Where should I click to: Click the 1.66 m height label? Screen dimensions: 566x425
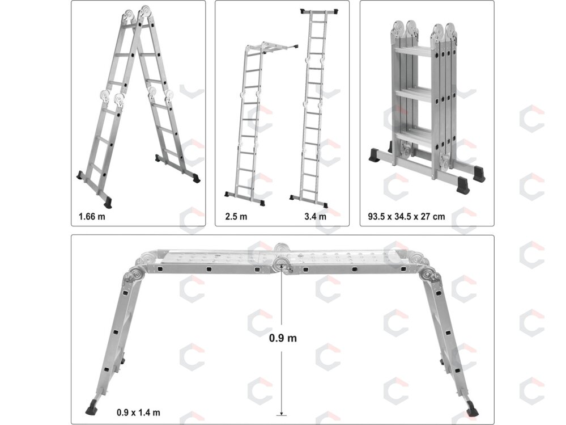click(x=92, y=217)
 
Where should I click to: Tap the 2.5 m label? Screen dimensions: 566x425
click(x=236, y=217)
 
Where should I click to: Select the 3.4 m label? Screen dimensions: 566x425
click(x=315, y=217)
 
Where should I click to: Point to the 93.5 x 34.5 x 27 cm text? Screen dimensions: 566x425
click(x=406, y=217)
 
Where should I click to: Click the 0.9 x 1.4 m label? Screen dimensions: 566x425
click(x=138, y=413)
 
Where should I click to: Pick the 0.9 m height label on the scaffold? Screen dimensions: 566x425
click(x=283, y=338)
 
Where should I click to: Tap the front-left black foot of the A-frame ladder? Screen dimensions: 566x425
click(x=108, y=203)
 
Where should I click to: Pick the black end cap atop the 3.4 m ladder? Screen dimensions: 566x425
click(x=320, y=12)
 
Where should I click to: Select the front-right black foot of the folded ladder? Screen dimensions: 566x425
click(x=463, y=185)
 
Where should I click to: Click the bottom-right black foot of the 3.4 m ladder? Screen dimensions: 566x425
click(x=325, y=205)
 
